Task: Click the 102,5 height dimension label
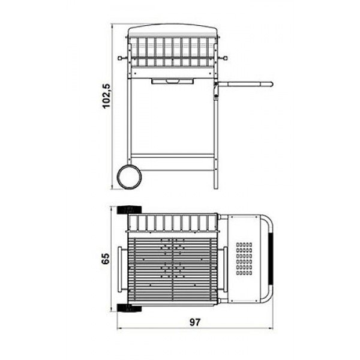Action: tap(107, 96)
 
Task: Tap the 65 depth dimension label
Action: tap(106, 259)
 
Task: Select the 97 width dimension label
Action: tap(195, 322)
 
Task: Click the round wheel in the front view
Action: tap(129, 176)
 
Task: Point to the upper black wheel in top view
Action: tap(129, 210)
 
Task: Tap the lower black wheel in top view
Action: tap(129, 308)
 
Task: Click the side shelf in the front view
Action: tap(245, 84)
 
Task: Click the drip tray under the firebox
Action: tap(172, 81)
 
